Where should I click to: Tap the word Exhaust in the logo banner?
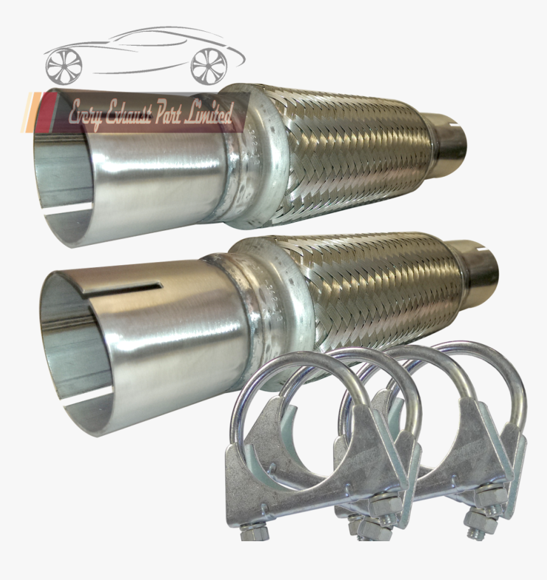130,115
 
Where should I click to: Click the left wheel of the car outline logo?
64,64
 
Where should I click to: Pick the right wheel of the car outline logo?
209,64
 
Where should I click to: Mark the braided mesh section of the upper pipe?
356,153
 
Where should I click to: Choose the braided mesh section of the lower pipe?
382,286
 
